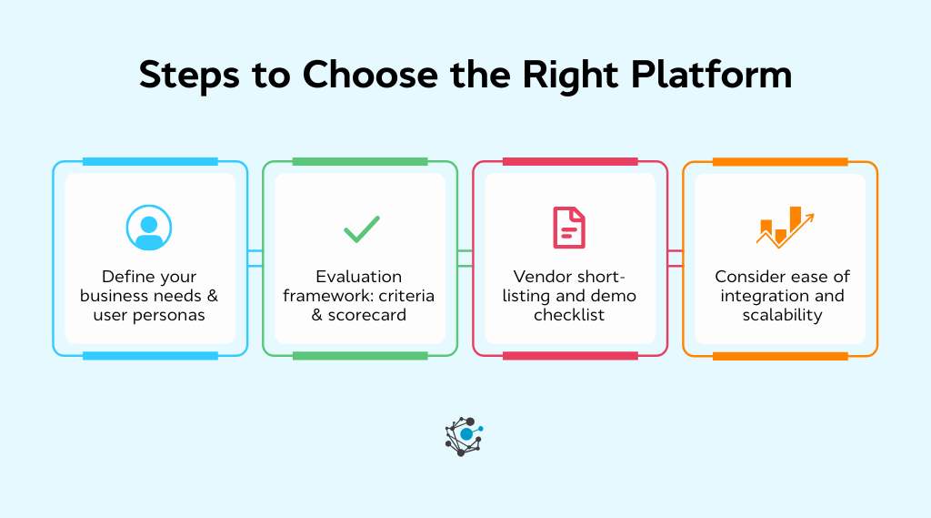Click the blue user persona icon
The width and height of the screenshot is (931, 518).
click(x=149, y=228)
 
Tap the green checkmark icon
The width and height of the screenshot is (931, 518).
click(x=361, y=229)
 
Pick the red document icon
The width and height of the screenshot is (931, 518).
click(x=570, y=228)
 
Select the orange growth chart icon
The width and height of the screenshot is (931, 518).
click(x=784, y=227)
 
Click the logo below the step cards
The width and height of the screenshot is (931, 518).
click(x=465, y=436)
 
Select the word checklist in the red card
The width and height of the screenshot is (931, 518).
click(x=569, y=315)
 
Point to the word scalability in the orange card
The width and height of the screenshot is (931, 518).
click(x=780, y=315)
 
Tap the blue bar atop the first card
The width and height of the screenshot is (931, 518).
click(x=150, y=162)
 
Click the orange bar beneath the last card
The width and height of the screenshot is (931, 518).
click(x=780, y=356)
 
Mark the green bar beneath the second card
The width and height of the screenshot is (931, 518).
click(x=360, y=356)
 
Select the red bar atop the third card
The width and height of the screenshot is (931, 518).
click(x=570, y=162)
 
